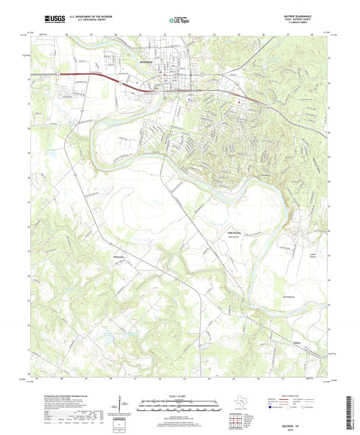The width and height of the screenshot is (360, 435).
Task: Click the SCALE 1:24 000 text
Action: click(180, 396)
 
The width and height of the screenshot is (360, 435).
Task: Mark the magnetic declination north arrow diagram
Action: click(122, 405)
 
